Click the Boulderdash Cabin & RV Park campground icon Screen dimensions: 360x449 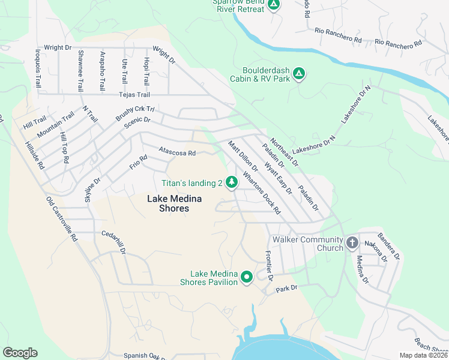[299, 74]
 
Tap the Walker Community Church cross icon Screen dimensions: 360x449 [352, 244]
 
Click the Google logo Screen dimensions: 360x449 [20, 352]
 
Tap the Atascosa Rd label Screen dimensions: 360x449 [177, 153]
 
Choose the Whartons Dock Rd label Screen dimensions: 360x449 [262, 193]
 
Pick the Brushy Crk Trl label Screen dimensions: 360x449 [135, 113]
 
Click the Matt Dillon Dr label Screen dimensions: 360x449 [243, 155]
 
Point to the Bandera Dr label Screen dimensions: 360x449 [388, 247]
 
